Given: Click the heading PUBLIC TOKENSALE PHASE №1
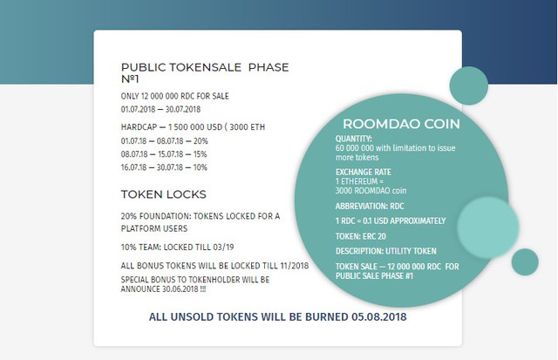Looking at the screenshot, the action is (205, 72).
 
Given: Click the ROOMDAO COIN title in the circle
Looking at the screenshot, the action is (401, 124).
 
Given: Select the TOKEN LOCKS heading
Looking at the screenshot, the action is (164, 194).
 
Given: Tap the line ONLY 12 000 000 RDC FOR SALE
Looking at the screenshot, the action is (174, 96).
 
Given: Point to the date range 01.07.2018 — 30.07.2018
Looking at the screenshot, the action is (160, 109).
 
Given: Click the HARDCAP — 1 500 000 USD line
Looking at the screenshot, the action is (193, 127).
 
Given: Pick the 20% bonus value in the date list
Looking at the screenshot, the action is (201, 141).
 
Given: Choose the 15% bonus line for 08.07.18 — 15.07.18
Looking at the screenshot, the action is (164, 154).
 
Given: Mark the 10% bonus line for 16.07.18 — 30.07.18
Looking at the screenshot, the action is (164, 167).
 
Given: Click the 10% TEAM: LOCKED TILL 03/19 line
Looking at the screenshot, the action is (177, 247).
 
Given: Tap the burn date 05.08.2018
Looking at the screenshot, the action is (379, 316).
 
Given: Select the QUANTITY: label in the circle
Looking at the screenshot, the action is (354, 139).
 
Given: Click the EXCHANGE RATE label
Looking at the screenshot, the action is (364, 173).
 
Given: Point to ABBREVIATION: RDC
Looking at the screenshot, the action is (370, 207).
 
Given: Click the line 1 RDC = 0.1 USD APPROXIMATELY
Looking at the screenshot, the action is (391, 221).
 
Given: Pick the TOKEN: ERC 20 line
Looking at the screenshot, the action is (361, 236).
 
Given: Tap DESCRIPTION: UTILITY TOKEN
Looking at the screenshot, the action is (385, 251).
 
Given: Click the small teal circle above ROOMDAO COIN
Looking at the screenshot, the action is (469, 85).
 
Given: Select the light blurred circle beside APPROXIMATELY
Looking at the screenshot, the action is (488, 228).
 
